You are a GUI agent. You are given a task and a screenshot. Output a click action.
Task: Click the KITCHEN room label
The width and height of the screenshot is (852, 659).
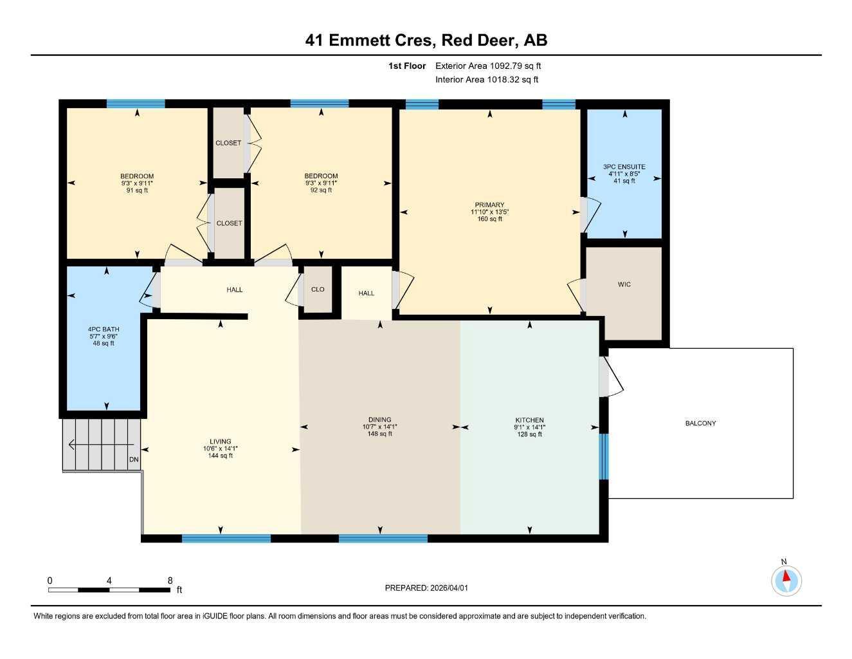tap(529, 420)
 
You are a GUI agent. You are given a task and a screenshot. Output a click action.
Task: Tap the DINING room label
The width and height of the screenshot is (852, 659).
tap(379, 420)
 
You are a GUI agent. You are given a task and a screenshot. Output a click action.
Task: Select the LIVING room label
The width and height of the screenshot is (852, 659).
tap(221, 441)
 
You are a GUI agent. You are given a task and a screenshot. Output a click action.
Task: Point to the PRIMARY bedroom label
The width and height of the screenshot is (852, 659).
tap(490, 205)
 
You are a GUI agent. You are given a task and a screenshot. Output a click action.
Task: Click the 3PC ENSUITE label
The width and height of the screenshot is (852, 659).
tap(624, 167)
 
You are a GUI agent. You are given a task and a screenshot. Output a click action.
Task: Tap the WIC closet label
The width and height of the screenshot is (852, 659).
tap(624, 284)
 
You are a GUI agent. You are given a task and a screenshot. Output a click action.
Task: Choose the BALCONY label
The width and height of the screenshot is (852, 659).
tap(700, 423)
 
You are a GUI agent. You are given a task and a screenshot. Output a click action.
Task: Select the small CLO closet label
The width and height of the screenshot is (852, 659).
tap(318, 290)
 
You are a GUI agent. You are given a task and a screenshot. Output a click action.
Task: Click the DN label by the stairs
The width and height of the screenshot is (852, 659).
tap(134, 459)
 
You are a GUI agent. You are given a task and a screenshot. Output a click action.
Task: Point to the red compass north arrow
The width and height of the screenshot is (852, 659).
tap(786, 577)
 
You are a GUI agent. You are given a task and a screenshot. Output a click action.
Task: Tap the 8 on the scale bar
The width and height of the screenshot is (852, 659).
tap(170, 580)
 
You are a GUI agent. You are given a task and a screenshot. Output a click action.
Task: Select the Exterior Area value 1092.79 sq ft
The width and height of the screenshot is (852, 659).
tap(516, 66)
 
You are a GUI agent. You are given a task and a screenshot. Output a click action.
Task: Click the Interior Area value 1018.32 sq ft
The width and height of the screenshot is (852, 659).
tap(513, 80)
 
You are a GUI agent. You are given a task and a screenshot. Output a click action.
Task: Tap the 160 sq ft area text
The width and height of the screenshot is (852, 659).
tap(490, 219)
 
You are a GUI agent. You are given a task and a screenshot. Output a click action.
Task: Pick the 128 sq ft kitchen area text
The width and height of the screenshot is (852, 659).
tap(529, 434)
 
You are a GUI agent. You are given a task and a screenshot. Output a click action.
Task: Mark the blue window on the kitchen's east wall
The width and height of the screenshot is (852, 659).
tap(604, 456)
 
